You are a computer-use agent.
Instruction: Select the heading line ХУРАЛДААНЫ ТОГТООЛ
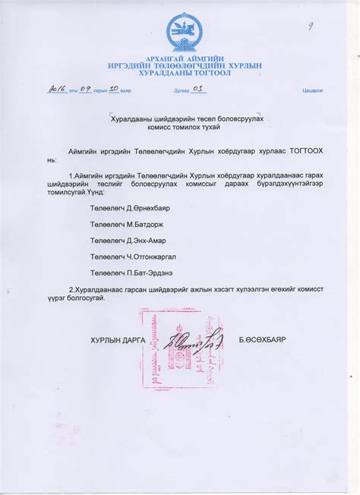[185, 73]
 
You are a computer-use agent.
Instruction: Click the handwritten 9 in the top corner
[310, 25]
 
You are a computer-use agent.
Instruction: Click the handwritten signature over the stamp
[194, 339]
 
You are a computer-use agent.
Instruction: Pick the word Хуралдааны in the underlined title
[132, 119]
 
